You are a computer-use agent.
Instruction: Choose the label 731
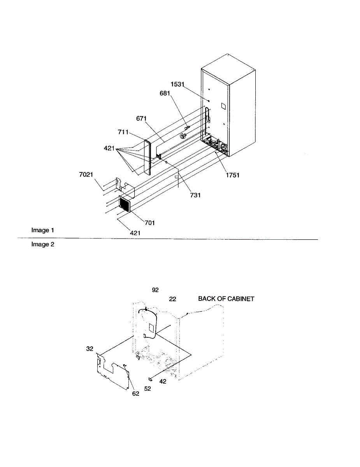(x=195, y=195)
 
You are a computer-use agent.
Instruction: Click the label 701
(x=150, y=223)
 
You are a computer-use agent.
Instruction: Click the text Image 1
(x=43, y=230)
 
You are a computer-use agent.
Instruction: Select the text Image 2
(x=43, y=244)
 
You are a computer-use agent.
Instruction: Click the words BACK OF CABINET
(x=226, y=298)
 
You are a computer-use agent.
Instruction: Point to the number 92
(x=155, y=290)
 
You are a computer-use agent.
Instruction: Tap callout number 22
(x=172, y=299)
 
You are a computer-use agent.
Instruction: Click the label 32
(x=90, y=349)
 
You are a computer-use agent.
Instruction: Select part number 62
(x=135, y=393)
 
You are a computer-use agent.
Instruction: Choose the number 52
(x=148, y=388)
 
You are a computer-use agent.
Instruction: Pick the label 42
(x=163, y=381)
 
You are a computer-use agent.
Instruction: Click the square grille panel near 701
(x=125, y=204)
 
